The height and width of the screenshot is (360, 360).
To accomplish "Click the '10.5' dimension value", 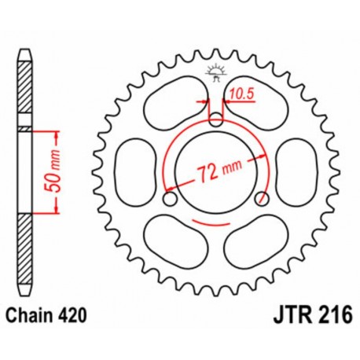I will (237, 97).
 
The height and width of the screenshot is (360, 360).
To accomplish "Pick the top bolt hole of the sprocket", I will (216, 120).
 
